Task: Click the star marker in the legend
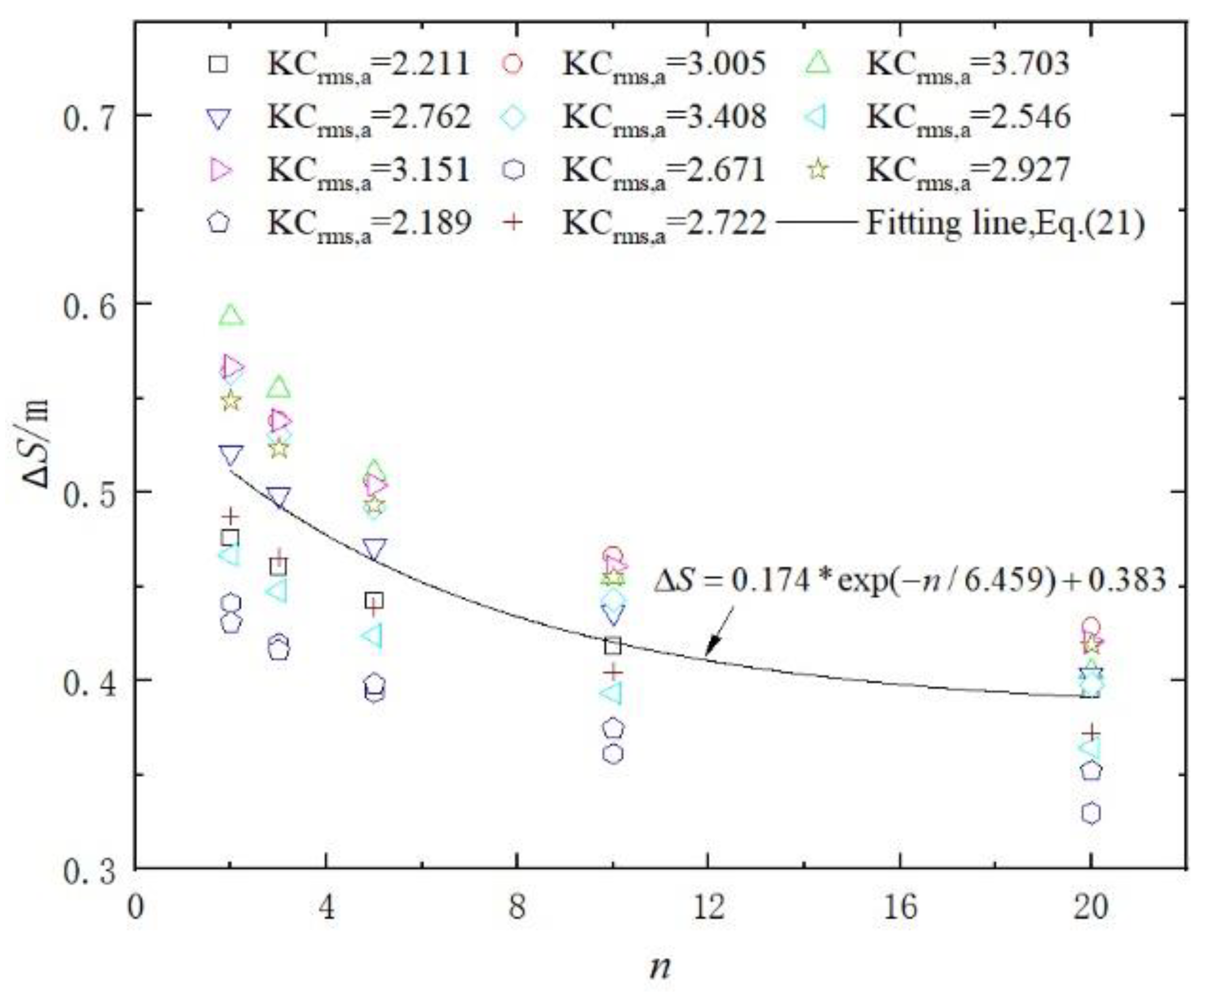click(x=819, y=170)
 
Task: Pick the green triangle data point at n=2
click(x=231, y=315)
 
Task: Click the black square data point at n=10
click(x=613, y=646)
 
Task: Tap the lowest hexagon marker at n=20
click(x=1091, y=813)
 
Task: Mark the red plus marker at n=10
click(x=613, y=672)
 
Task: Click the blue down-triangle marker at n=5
click(x=375, y=549)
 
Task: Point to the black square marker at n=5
click(x=375, y=600)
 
